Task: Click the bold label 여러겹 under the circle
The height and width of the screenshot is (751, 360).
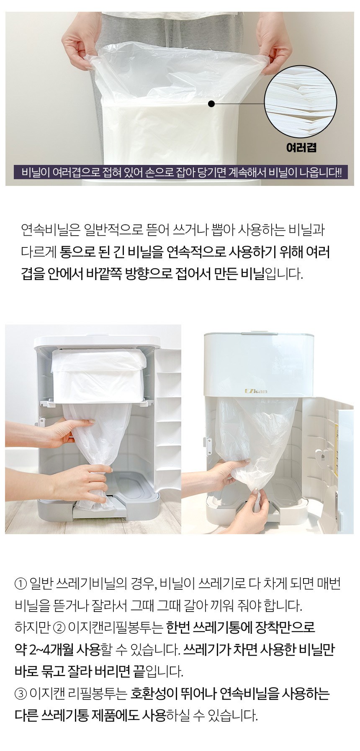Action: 301,147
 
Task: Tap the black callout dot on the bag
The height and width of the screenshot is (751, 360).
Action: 211,103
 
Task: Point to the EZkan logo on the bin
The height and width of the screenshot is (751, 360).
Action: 250,392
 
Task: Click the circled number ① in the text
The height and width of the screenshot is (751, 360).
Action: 20,584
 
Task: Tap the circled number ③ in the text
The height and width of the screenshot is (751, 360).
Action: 20,695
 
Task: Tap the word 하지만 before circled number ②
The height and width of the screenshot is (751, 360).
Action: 33,628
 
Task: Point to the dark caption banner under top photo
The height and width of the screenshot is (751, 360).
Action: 180,172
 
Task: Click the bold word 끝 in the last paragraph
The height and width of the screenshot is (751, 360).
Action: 139,672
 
